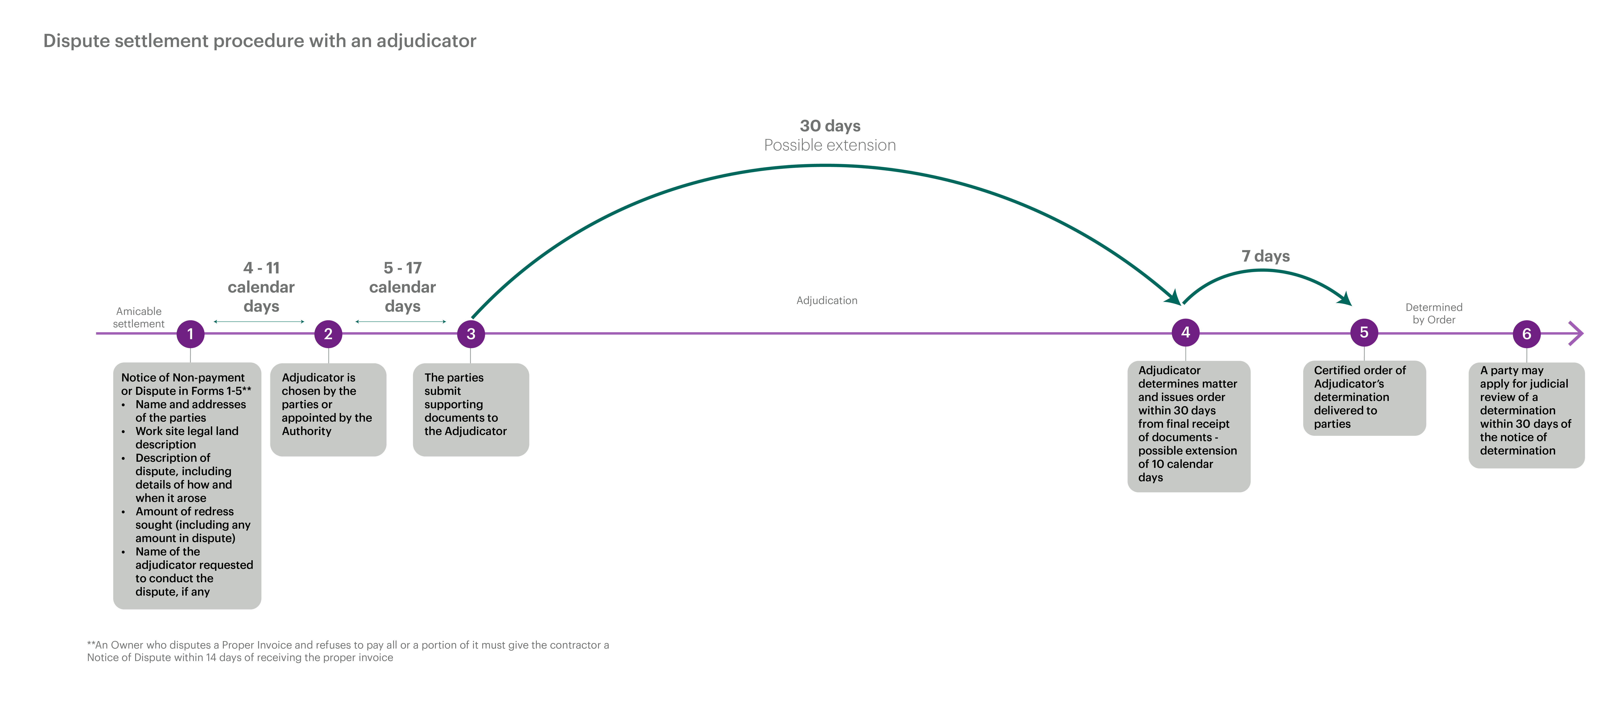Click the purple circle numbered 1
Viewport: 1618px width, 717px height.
[190, 334]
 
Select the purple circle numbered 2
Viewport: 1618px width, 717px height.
[328, 334]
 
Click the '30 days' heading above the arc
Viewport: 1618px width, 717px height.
[830, 126]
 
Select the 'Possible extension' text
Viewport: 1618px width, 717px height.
[830, 145]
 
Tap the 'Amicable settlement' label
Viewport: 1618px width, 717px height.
[139, 317]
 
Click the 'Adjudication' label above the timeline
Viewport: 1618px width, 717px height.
[827, 300]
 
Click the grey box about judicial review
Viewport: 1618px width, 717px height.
[1526, 415]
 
